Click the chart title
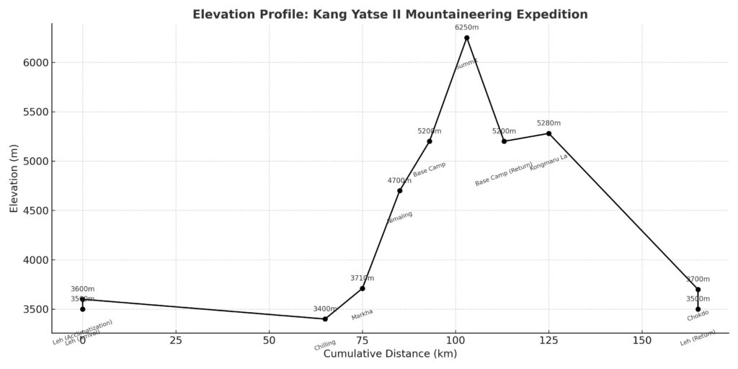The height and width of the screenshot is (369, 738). click(x=390, y=14)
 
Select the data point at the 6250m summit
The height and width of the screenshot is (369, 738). click(x=466, y=37)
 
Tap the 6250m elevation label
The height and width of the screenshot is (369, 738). click(x=466, y=27)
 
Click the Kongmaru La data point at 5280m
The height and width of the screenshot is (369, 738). click(x=548, y=133)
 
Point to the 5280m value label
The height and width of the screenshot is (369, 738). click(x=548, y=123)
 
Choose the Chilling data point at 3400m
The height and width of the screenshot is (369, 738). click(x=325, y=319)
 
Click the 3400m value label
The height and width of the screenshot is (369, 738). click(x=325, y=308)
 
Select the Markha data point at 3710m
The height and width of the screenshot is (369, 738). click(x=363, y=288)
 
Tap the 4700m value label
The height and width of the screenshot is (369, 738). click(x=399, y=181)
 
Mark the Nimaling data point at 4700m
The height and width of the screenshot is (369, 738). click(x=399, y=190)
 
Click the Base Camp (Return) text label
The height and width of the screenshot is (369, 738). click(x=504, y=174)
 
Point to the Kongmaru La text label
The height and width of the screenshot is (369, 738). click(x=548, y=162)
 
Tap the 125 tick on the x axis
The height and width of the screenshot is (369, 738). click(x=548, y=340)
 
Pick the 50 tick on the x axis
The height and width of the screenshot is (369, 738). click(x=269, y=340)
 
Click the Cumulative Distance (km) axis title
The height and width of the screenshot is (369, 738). click(x=390, y=354)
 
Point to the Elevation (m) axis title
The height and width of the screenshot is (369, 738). click(x=14, y=178)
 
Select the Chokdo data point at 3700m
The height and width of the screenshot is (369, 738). click(x=698, y=290)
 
